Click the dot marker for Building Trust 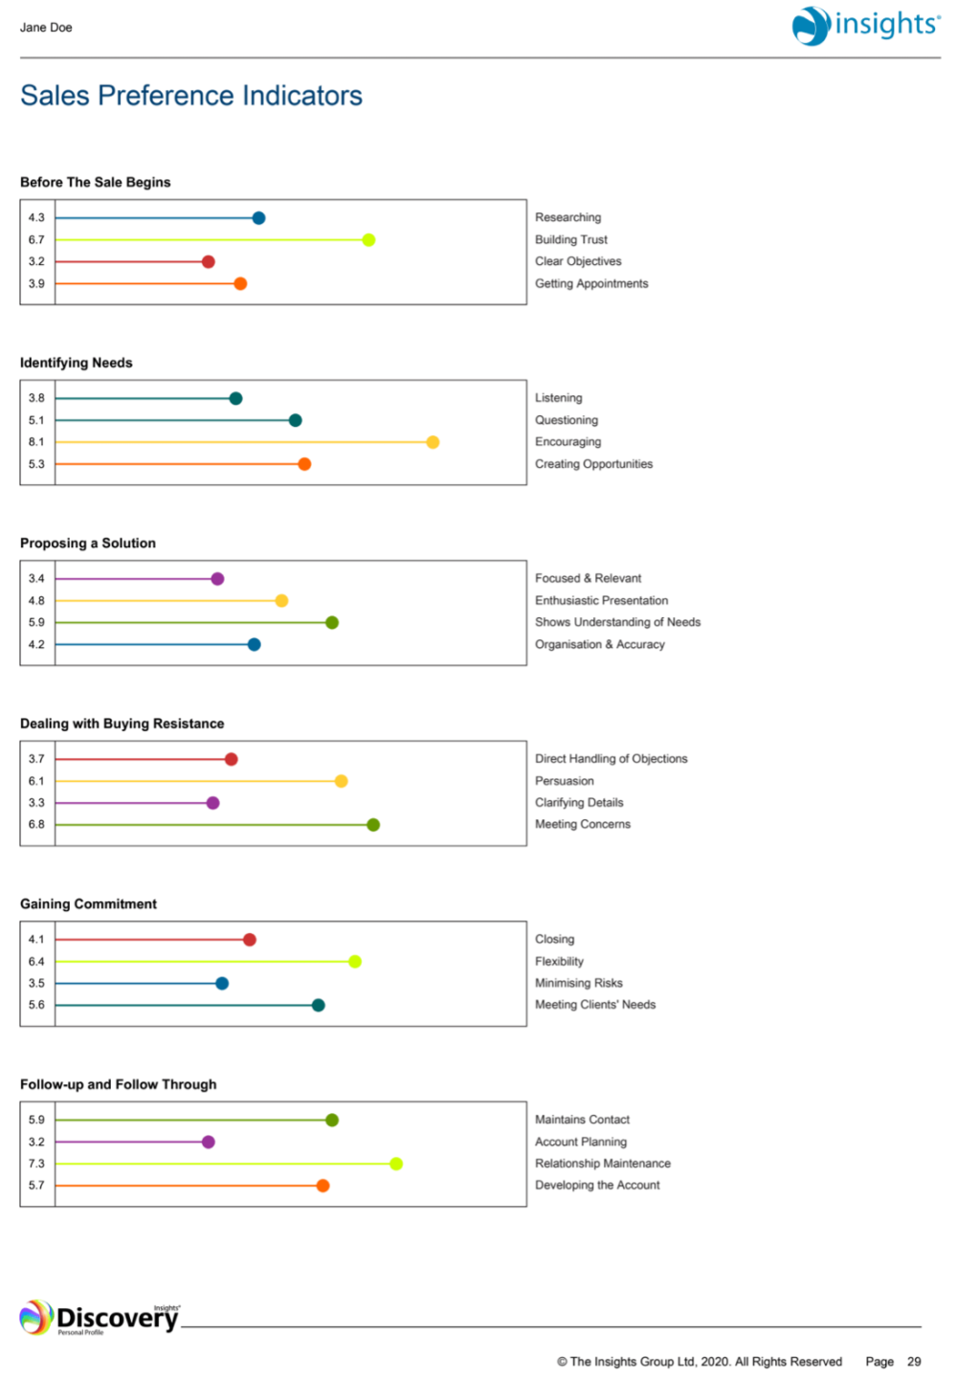pos(368,240)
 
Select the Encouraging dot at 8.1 pos(433,442)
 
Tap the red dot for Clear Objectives pos(209,261)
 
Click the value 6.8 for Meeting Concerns pos(36,825)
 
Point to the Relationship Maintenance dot pos(396,1164)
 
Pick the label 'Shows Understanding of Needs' pos(617,622)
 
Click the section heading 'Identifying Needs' pos(77,363)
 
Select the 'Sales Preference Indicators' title pos(191,96)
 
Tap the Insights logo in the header pos(865,25)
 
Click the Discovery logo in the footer pos(100,1318)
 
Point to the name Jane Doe pos(46,28)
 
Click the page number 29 pos(914,1362)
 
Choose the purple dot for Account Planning pos(209,1142)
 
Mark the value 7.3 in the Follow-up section pos(36,1164)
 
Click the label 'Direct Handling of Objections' pos(611,759)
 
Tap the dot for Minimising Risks pos(222,983)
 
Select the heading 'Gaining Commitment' pos(88,904)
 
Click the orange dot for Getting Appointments pos(240,283)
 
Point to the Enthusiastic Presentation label pos(601,600)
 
